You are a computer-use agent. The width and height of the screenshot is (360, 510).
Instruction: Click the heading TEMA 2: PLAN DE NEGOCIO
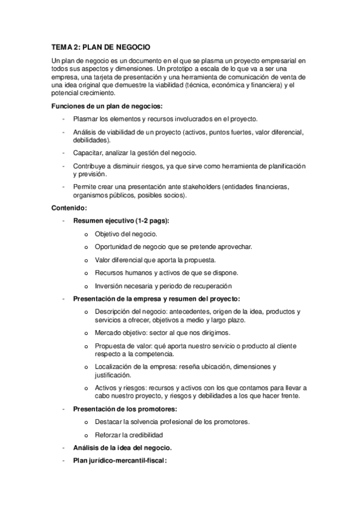point(100,46)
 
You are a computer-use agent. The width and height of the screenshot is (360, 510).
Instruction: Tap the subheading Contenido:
point(69,208)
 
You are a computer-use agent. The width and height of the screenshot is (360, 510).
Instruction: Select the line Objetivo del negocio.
point(125,234)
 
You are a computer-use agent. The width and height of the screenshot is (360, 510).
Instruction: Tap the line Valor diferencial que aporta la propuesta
point(154,260)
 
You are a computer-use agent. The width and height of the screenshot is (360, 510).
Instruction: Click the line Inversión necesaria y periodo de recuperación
point(163,286)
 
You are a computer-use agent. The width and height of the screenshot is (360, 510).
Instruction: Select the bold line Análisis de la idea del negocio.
point(122,447)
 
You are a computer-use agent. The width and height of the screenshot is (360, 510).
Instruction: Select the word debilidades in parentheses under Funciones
point(92,140)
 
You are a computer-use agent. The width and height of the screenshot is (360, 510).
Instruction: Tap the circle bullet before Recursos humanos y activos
point(87,273)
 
